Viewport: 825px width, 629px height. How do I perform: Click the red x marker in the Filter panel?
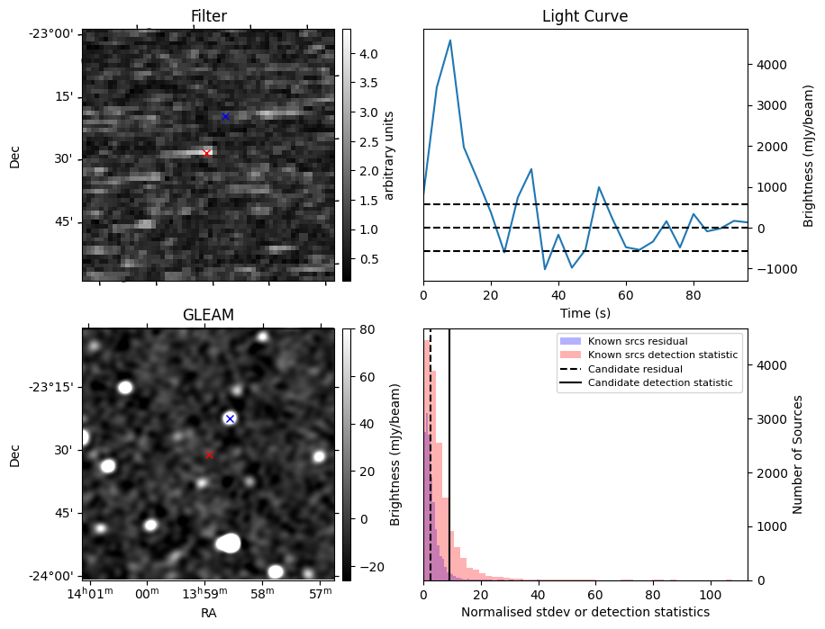tap(206, 153)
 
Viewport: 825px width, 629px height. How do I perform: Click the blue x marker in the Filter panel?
tap(225, 116)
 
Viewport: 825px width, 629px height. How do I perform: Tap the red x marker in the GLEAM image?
tap(209, 454)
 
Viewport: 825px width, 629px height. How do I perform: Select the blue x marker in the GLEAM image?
tap(230, 418)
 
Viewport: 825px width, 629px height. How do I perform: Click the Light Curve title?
tap(585, 16)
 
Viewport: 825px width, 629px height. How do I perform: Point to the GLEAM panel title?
tap(208, 315)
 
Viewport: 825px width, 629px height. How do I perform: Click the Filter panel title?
tap(208, 16)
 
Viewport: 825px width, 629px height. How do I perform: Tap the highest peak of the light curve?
tap(449, 40)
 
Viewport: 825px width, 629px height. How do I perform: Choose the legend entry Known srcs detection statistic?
tap(662, 355)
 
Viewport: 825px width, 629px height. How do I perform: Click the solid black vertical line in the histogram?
tap(449, 450)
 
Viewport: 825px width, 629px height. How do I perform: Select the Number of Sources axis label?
tap(798, 454)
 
